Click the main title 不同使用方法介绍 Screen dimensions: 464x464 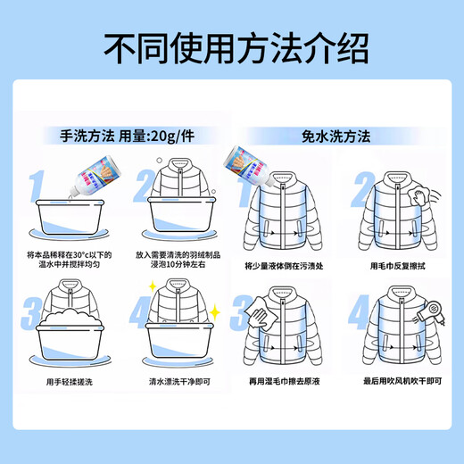(x=232, y=46)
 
